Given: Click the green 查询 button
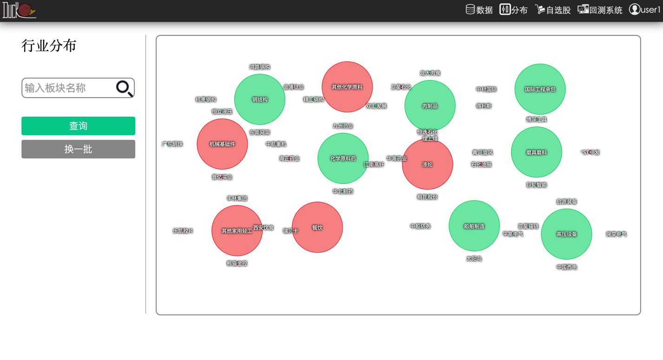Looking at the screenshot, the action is pyautogui.click(x=78, y=126).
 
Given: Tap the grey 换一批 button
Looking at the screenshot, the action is pyautogui.click(x=78, y=149).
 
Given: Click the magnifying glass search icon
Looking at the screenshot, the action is pyautogui.click(x=124, y=88).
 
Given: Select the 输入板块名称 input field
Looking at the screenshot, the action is pyautogui.click(x=67, y=88).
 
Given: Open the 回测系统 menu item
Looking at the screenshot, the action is pyautogui.click(x=600, y=10).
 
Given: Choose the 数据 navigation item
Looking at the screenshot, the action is pyautogui.click(x=479, y=10).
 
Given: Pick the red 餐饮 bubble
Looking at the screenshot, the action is pyautogui.click(x=317, y=227).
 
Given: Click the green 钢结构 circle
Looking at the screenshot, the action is pyautogui.click(x=260, y=99).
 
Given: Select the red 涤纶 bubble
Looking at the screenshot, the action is pyautogui.click(x=427, y=164).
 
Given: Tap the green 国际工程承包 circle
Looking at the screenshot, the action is pyautogui.click(x=540, y=89).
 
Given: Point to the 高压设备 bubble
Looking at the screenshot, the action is pyautogui.click(x=566, y=234).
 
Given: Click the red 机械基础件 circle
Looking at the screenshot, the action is pyautogui.click(x=222, y=144).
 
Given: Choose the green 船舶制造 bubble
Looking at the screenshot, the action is pyautogui.click(x=474, y=226).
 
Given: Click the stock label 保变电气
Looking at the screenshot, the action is pyautogui.click(x=616, y=234).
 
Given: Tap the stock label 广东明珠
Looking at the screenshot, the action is pyautogui.click(x=172, y=144).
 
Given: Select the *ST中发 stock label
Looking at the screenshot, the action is pyautogui.click(x=591, y=152).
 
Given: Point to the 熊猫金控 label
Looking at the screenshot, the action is pyautogui.click(x=237, y=263).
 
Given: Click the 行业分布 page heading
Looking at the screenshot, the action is pyautogui.click(x=49, y=46).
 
